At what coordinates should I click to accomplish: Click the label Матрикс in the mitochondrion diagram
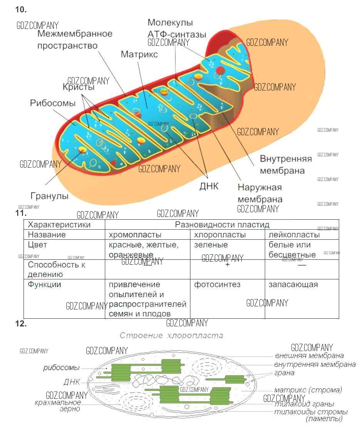pos(139,54)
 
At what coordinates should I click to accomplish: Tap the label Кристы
pos(79,87)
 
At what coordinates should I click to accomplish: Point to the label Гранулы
pos(49,196)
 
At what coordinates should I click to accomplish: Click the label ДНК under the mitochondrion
pos(209,186)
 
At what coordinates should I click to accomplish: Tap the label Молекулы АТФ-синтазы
pos(177,29)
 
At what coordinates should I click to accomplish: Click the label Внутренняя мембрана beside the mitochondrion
pos(286,165)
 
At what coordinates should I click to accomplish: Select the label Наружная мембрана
pos(260,193)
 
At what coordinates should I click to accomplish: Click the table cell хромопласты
pos(135,235)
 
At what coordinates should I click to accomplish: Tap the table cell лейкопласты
pos(294,235)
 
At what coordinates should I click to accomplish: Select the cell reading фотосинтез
pos(217,284)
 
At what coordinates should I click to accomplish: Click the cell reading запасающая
pos(293,284)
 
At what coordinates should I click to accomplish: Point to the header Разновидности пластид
pos(222,225)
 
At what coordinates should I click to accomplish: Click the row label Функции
pos(45,284)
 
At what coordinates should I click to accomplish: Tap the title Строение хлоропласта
pos(171,336)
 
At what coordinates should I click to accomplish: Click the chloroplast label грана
pos(284,373)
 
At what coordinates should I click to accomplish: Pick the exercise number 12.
pos(21,324)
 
